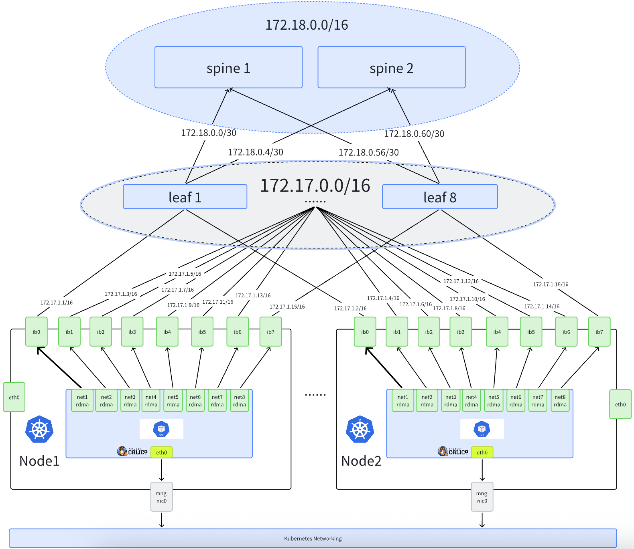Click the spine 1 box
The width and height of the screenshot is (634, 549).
228,67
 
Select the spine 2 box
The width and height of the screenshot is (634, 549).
391,67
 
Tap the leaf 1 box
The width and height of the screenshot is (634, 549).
185,197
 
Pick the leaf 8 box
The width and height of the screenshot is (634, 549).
440,197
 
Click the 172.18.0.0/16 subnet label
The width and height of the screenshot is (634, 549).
307,25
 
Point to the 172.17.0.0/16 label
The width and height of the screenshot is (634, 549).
315,186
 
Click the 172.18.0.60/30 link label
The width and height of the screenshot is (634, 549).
414,134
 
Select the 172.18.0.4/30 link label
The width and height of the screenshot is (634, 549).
256,152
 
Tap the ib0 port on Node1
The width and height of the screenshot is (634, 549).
37,332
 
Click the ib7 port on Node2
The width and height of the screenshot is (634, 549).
599,332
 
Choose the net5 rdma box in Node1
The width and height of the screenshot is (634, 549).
173,401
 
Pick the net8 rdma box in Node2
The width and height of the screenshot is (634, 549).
560,401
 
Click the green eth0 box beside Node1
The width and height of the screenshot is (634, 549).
14,397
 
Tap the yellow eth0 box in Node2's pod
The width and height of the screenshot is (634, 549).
482,452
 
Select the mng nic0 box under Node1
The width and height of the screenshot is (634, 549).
161,497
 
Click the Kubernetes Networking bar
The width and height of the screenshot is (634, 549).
313,538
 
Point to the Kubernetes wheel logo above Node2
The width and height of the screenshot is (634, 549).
360,429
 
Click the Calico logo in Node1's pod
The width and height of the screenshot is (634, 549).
132,452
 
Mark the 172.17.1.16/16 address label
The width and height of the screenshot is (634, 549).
551,284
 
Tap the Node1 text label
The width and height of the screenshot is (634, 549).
39,461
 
